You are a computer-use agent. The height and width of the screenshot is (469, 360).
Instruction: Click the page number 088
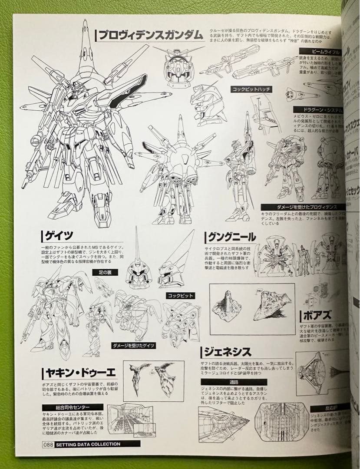tap(48, 444)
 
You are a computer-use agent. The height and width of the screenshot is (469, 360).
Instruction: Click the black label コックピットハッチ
tap(251, 89)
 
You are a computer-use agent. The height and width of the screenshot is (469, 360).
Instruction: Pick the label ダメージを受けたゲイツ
tap(133, 346)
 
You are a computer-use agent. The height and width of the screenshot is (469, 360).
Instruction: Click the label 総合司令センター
tap(66, 407)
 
